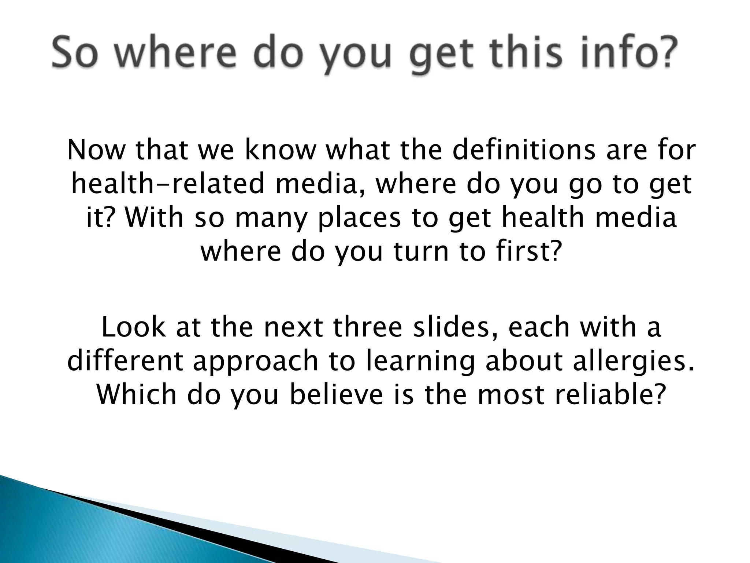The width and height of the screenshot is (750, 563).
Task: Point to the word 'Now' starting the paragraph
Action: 96,150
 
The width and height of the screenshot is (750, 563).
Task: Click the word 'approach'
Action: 256,361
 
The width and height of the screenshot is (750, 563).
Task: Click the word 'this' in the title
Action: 530,51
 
